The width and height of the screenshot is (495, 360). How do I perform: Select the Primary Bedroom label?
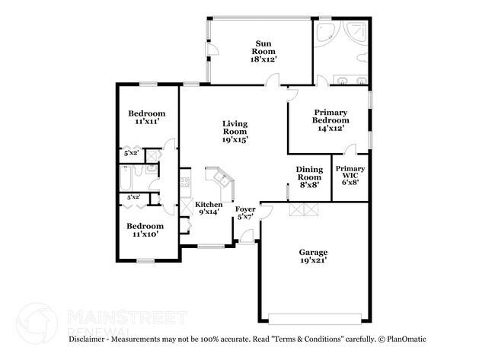331,120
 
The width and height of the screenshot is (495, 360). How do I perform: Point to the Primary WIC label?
350,174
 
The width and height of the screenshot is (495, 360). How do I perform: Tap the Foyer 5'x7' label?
244,213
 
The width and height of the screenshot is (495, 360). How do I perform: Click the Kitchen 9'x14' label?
209,209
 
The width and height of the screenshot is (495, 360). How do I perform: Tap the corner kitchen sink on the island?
221,179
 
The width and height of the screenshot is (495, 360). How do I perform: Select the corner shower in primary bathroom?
357,33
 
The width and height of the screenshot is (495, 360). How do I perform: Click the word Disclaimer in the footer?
91,338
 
